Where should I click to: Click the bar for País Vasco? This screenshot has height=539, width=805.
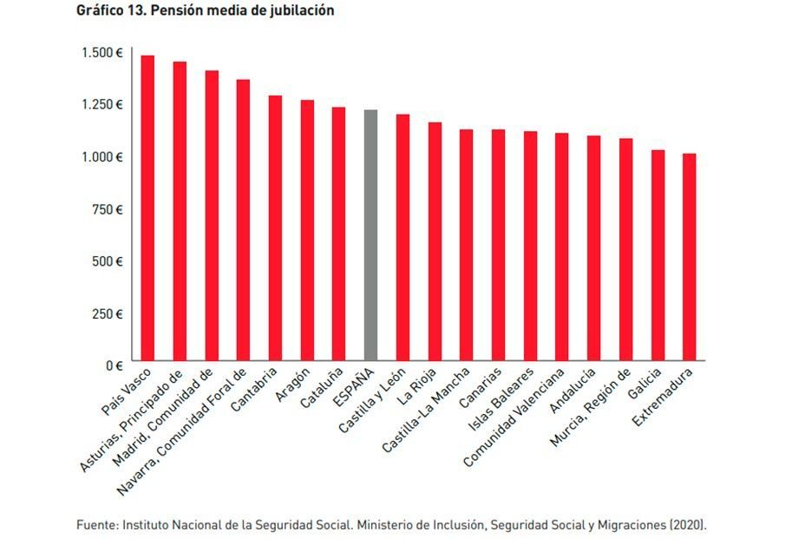(x=147, y=208)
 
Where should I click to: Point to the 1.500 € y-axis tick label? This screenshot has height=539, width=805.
(x=102, y=52)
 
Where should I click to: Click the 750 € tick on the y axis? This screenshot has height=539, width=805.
(x=108, y=208)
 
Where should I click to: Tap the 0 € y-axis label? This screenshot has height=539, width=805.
(x=114, y=365)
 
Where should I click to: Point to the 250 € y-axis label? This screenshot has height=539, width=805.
(x=108, y=313)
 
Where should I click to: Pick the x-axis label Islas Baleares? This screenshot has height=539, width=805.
(x=510, y=400)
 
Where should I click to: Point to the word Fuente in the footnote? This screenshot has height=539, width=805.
(x=95, y=525)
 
